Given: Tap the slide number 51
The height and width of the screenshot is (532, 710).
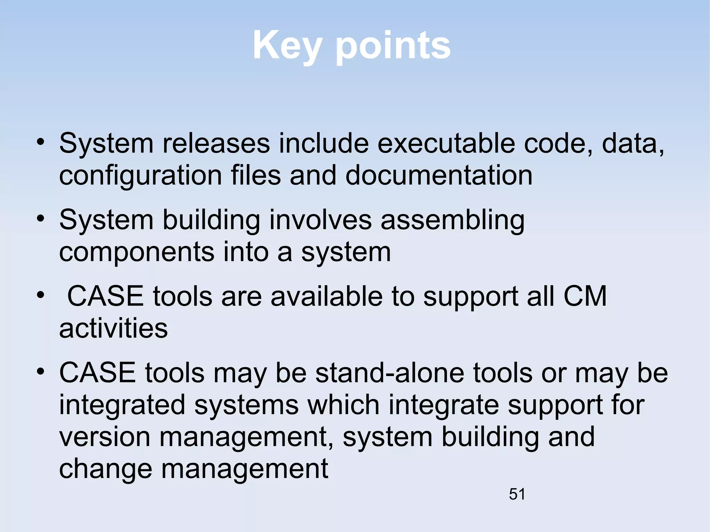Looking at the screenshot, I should pos(517,494).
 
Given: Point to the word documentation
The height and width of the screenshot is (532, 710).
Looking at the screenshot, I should pos(439,175).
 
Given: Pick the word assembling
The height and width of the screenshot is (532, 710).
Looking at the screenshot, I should pos(452,221).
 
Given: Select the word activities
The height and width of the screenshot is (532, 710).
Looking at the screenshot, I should pos(113,328).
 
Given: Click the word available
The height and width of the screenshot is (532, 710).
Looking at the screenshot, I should pos(327,296).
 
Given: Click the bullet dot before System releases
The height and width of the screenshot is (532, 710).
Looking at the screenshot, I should pos(41,142).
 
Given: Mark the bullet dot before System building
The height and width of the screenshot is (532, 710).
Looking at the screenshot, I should pos(41,219).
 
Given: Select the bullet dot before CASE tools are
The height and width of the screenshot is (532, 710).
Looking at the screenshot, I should pos(41,295).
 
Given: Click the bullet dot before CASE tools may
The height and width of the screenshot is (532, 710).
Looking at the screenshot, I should pos(41,372).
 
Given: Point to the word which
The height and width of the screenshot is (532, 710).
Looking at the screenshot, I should pos(343,405).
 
